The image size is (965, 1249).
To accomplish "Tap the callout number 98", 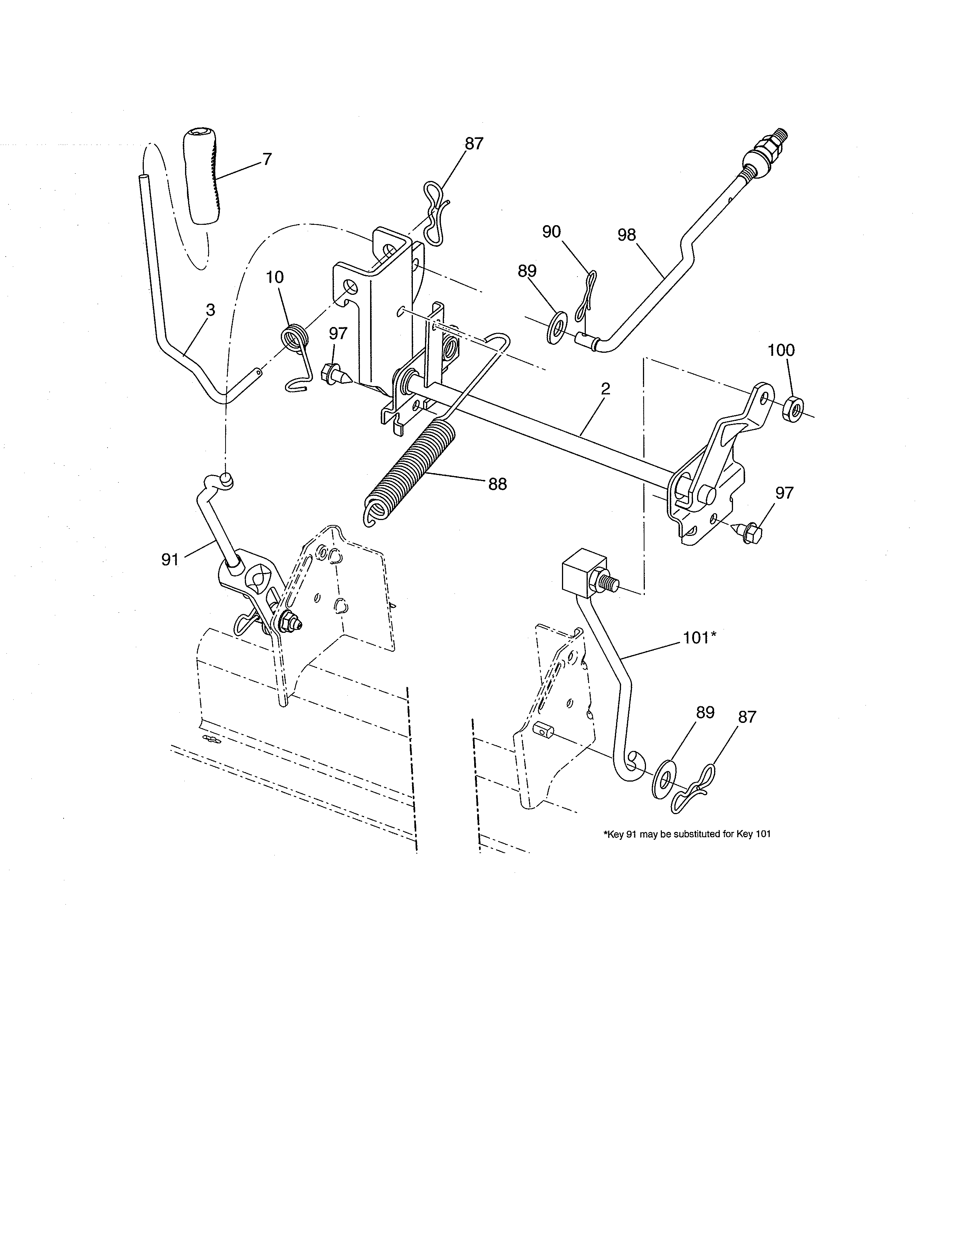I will [x=627, y=235].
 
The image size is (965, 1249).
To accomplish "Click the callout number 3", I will [x=210, y=310].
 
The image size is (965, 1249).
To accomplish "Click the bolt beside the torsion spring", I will [x=335, y=375].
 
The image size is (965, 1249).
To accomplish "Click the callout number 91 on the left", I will [x=170, y=559].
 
